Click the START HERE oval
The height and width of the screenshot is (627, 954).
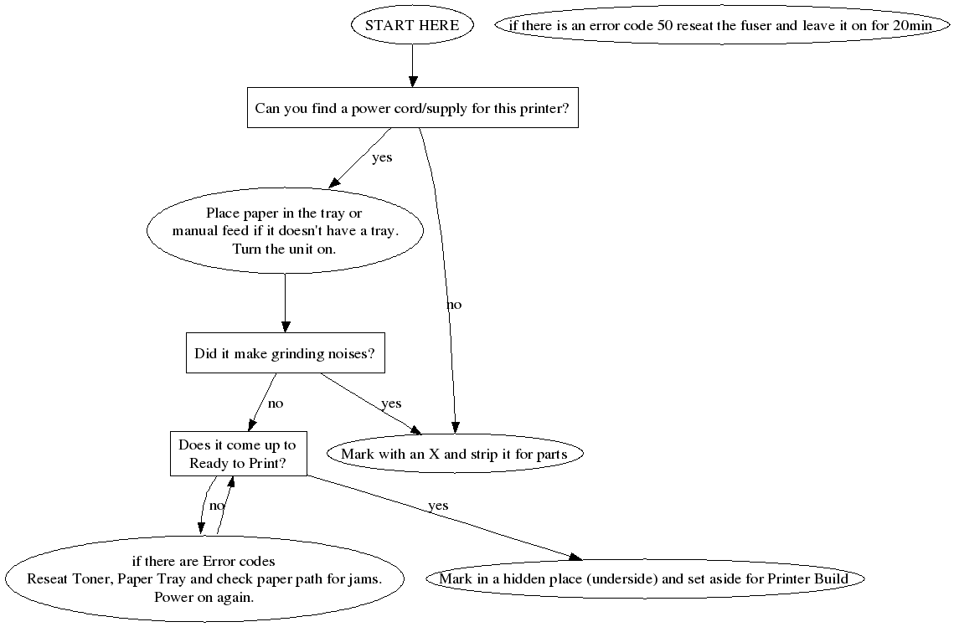coord(412,25)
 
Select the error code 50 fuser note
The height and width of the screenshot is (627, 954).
coord(720,25)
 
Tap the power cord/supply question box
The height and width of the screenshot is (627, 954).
coord(412,109)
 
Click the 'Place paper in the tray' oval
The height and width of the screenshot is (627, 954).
coord(285,231)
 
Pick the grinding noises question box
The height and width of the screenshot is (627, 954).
coord(285,353)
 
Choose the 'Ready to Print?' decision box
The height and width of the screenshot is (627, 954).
coord(238,455)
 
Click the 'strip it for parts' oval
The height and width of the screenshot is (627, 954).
coord(454,455)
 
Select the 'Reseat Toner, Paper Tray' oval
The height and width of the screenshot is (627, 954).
coord(205,578)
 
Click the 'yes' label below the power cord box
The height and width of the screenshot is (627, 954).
coord(382,157)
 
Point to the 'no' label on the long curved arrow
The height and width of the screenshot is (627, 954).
coord(454,305)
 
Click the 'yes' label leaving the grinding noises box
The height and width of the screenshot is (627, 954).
coord(391,403)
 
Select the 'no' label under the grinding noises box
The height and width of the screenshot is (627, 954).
coord(276,403)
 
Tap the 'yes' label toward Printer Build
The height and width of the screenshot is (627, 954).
coord(438,506)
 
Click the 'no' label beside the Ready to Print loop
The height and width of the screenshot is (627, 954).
coord(217,506)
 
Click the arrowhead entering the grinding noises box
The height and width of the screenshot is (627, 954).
coord(285,327)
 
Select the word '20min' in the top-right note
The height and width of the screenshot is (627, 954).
coord(912,25)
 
